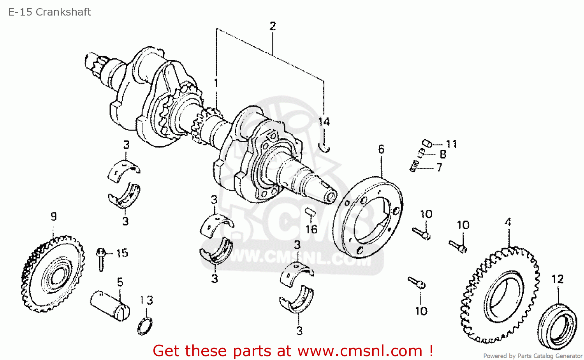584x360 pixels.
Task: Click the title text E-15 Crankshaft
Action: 49,12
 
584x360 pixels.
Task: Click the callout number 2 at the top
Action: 273,26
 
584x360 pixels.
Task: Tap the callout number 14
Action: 324,122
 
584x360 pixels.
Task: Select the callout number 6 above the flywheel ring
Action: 381,149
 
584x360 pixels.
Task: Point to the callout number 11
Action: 452,144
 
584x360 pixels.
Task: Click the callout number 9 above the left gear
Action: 53,216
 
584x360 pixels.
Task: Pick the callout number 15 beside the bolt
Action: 122,253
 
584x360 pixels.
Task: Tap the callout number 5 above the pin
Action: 120,282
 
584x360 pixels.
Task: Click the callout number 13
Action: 146,300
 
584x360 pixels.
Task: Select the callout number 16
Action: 311,229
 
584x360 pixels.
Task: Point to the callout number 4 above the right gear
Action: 508,222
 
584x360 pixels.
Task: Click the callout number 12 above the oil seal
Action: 558,279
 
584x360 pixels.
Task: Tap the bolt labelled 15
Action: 101,259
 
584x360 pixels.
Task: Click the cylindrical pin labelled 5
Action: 110,305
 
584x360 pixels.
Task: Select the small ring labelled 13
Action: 145,326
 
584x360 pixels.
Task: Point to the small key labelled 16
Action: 310,212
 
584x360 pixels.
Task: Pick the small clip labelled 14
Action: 325,148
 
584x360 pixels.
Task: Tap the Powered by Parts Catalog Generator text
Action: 533,356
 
